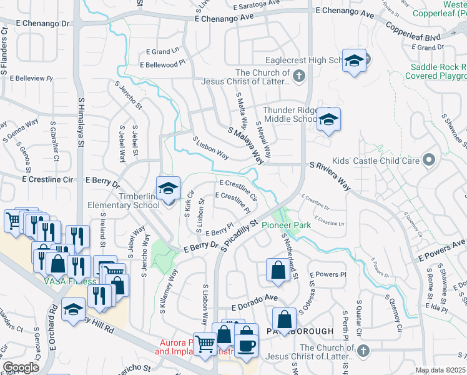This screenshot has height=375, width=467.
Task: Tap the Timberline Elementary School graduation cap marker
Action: pyautogui.click(x=167, y=188)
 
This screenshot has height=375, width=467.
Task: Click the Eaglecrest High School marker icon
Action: pyautogui.click(x=354, y=61)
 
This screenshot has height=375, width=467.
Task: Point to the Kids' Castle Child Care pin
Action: pyautogui.click(x=428, y=161)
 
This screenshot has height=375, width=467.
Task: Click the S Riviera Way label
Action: pyautogui.click(x=338, y=169)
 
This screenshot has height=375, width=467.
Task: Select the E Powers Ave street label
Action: pyautogui.click(x=442, y=249)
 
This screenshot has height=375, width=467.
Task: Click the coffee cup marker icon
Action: pyautogui.click(x=246, y=346)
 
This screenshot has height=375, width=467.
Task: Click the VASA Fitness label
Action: pyautogui.click(x=69, y=281)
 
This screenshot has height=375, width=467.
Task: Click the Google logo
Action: pyautogui.click(x=21, y=367)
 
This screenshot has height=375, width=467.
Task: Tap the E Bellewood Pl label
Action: pyautogui.click(x=163, y=64)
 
